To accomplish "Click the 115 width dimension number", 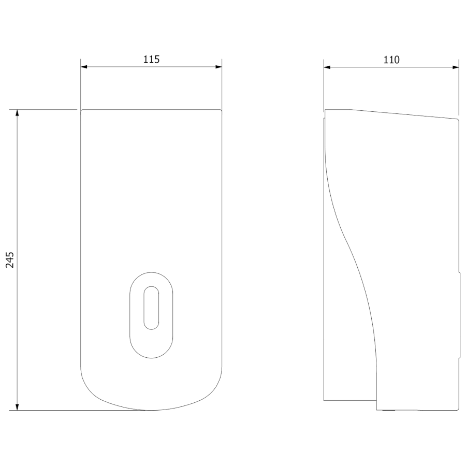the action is [152, 60].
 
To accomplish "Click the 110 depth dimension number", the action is [391, 60].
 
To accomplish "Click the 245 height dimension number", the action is [10, 260].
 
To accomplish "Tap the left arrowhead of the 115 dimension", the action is [84, 67].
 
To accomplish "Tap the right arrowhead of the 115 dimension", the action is [219, 67].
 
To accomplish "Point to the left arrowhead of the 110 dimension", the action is [327, 67].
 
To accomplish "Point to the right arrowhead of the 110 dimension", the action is [456, 67].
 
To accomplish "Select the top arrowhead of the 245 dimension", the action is [17, 113].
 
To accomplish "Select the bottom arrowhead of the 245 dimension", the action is [17, 407].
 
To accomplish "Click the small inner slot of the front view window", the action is [151, 308].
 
